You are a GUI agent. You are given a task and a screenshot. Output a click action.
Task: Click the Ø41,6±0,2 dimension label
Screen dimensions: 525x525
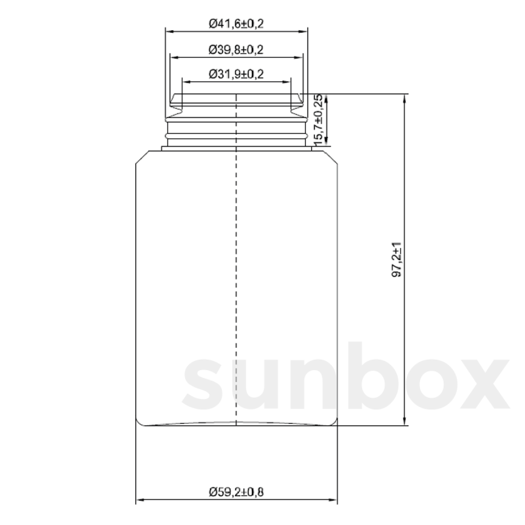click(236, 24)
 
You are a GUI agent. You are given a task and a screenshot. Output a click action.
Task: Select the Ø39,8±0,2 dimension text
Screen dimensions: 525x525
click(236, 50)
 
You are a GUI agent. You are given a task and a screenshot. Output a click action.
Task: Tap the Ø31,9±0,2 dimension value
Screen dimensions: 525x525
click(236, 74)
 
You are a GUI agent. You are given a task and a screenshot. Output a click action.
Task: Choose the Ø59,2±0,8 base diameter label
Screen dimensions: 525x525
click(236, 492)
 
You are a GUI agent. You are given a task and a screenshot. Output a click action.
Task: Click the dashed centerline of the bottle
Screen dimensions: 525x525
click(236, 262)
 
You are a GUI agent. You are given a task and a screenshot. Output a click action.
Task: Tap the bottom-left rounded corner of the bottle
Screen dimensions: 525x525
click(139, 422)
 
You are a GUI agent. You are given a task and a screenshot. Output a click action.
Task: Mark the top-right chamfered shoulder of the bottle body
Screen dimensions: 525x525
click(333, 157)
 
